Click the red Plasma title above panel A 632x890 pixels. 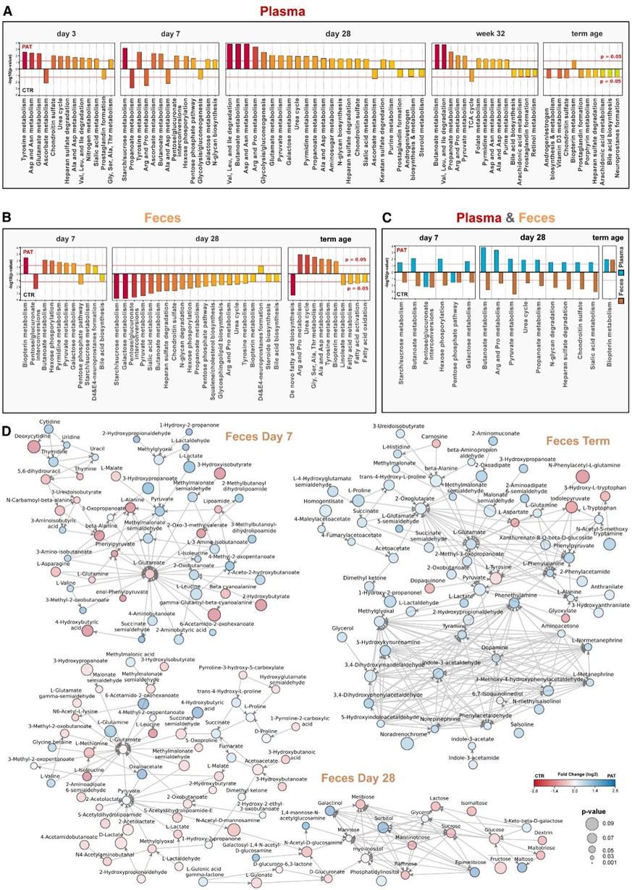[315, 12]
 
